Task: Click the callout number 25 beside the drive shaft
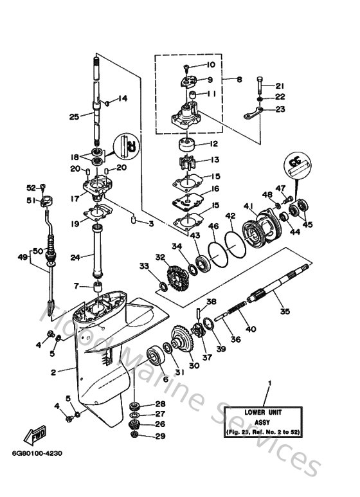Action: tap(74, 116)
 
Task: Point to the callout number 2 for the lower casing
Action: tap(55, 371)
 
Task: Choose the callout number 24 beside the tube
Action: tap(75, 258)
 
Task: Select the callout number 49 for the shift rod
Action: tap(23, 257)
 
